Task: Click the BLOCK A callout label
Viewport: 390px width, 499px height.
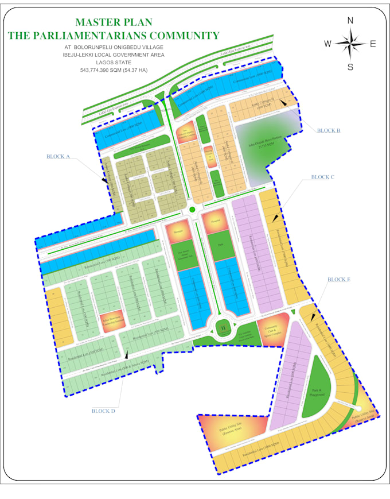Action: [58, 156]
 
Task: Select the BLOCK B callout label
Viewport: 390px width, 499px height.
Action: [329, 130]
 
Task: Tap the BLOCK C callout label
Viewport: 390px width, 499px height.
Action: [322, 177]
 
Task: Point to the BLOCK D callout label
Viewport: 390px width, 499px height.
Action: [104, 411]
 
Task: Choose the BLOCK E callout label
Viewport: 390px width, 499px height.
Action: [339, 279]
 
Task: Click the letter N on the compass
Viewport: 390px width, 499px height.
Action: [350, 21]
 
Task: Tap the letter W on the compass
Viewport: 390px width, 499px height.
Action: [327, 44]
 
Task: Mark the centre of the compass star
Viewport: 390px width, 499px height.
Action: [350, 44]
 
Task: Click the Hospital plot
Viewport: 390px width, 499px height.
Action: [216, 221]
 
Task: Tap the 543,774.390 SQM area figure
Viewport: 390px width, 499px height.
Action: [114, 70]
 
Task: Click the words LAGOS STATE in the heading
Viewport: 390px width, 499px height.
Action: [114, 63]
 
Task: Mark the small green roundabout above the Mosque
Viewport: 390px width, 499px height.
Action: [193, 210]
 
